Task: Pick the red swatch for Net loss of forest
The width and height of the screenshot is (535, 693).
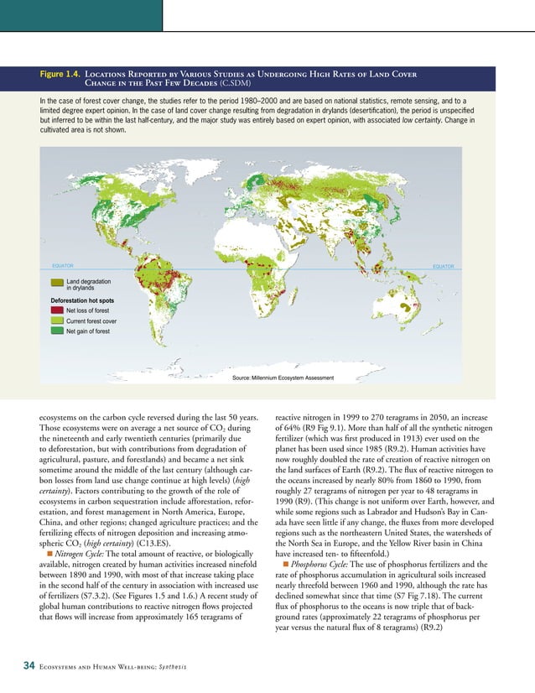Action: (x=57, y=310)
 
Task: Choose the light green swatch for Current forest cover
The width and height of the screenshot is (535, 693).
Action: (x=57, y=320)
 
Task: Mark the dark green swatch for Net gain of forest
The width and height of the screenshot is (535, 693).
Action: (x=57, y=331)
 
